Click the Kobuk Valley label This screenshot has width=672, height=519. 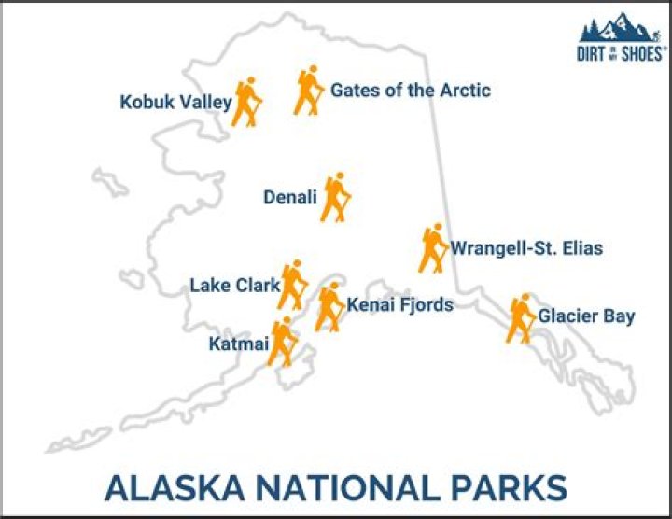pyautogui.click(x=175, y=103)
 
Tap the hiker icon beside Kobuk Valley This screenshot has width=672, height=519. pyautogui.click(x=246, y=102)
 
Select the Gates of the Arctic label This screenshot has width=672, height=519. pyautogui.click(x=411, y=91)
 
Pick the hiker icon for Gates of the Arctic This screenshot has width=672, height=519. pyautogui.click(x=309, y=91)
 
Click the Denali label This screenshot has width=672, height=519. pyautogui.click(x=290, y=197)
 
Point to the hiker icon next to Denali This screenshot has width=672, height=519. pyautogui.click(x=336, y=197)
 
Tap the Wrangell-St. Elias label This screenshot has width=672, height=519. pyautogui.click(x=526, y=248)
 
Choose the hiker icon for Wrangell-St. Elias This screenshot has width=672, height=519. pyautogui.click(x=433, y=248)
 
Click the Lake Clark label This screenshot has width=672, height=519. pyautogui.click(x=235, y=286)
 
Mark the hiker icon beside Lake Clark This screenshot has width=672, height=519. pyautogui.click(x=292, y=285)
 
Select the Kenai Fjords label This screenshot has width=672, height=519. pyautogui.click(x=399, y=304)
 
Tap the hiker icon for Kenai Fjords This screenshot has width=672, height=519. pyautogui.click(x=329, y=307)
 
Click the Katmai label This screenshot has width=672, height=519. pyautogui.click(x=239, y=344)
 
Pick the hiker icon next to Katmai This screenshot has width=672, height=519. pyautogui.click(x=283, y=342)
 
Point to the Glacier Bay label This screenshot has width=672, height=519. pyautogui.click(x=586, y=316)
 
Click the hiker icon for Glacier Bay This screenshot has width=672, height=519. pyautogui.click(x=521, y=318)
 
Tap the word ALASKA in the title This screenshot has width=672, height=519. pyautogui.click(x=175, y=487)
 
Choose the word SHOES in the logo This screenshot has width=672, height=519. pyautogui.click(x=641, y=54)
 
